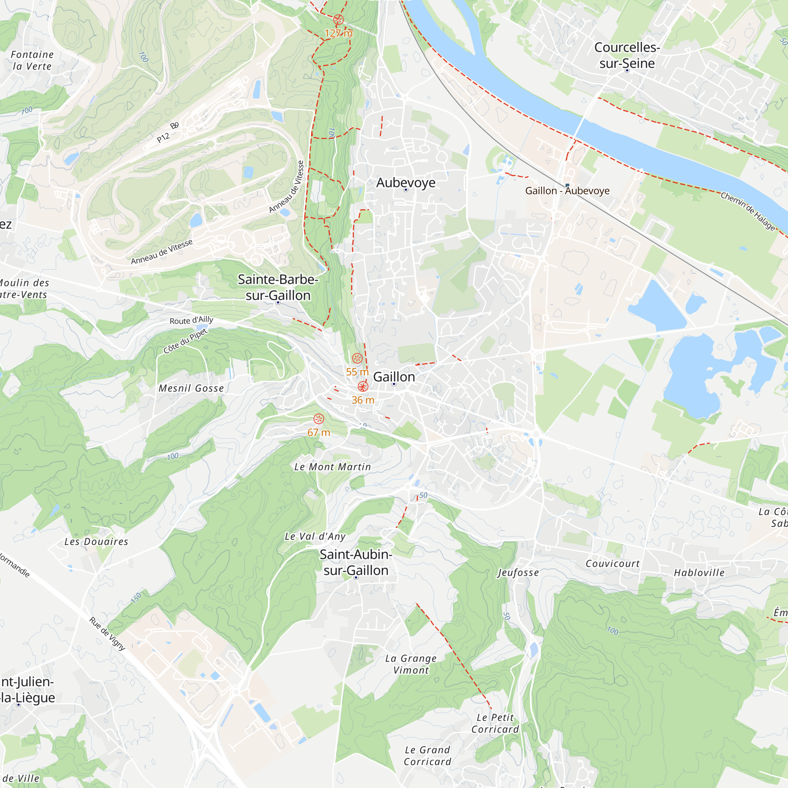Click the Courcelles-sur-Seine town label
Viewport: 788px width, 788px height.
click(x=627, y=56)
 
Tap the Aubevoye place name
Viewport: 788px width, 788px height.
click(x=405, y=183)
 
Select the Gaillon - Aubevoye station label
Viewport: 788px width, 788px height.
click(x=567, y=191)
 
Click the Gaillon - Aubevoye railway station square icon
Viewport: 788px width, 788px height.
click(x=567, y=186)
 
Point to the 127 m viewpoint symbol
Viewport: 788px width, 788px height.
click(x=338, y=19)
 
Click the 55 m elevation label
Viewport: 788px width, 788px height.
click(x=357, y=372)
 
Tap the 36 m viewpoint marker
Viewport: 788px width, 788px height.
click(x=362, y=387)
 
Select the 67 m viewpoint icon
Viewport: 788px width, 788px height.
click(x=318, y=419)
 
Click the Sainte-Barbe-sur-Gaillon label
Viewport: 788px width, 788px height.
click(x=278, y=287)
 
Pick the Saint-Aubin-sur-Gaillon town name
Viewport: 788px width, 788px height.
click(x=356, y=562)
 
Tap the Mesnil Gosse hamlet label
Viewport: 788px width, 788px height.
click(x=191, y=388)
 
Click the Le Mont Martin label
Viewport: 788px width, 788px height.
click(x=333, y=467)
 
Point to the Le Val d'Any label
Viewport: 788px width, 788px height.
click(x=315, y=537)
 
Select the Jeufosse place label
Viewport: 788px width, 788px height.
click(x=519, y=572)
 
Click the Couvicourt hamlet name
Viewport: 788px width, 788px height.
click(x=613, y=564)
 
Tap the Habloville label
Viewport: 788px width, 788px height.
click(x=699, y=572)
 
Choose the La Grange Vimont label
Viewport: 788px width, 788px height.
click(x=411, y=664)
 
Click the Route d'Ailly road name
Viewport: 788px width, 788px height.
click(x=191, y=320)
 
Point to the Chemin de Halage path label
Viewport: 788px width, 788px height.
click(x=748, y=211)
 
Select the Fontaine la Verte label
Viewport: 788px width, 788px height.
click(x=32, y=60)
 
